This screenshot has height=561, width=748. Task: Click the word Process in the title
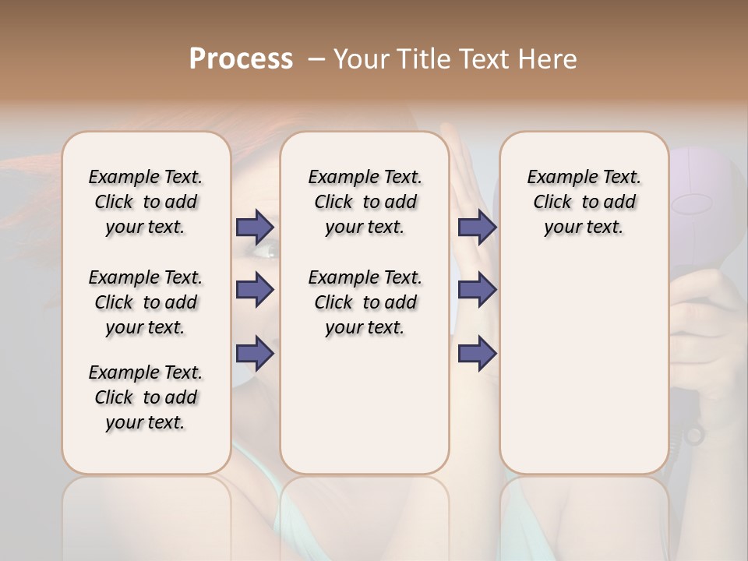pos(241,59)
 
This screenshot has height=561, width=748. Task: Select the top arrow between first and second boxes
pos(255,228)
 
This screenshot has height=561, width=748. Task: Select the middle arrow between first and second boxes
pos(255,290)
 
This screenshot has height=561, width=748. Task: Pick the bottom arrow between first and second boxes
pos(255,353)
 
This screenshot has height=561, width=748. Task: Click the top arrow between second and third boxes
pos(477,228)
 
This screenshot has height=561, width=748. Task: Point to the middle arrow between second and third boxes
pos(477,290)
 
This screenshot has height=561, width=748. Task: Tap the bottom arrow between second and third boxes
pos(477,353)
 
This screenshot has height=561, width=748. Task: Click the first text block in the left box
pos(146,202)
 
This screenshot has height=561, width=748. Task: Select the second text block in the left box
pos(146,302)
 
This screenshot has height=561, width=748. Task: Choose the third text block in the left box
pos(146,397)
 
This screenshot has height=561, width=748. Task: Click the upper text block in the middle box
pos(365,202)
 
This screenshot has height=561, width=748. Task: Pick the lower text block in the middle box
pos(365,302)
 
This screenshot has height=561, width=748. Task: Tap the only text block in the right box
pos(584,202)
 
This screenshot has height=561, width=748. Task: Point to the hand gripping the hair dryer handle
pos(705,327)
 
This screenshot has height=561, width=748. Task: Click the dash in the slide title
pos(316,59)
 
